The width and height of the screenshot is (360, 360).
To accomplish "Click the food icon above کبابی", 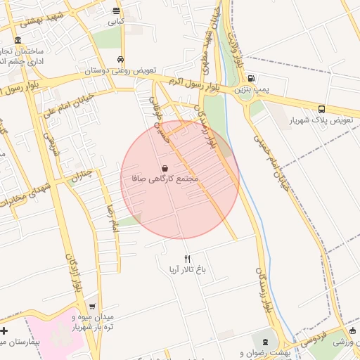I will point(116,11).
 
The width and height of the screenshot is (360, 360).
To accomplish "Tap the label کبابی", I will point(116,22).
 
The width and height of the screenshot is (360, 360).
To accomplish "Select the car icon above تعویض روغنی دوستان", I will point(121,60).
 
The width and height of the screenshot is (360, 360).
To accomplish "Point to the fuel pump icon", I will point(251,79).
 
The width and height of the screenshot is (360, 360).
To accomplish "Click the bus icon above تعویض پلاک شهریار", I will point(321,109).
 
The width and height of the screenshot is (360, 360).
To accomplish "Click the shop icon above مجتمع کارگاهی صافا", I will point(165,168).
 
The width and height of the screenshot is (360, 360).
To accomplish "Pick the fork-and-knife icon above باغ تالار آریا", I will point(187,259).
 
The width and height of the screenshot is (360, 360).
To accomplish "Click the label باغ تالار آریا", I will point(186,270).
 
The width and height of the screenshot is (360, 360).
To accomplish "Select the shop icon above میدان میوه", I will point(92,306).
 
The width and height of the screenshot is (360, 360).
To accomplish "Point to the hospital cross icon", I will point(5,330).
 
